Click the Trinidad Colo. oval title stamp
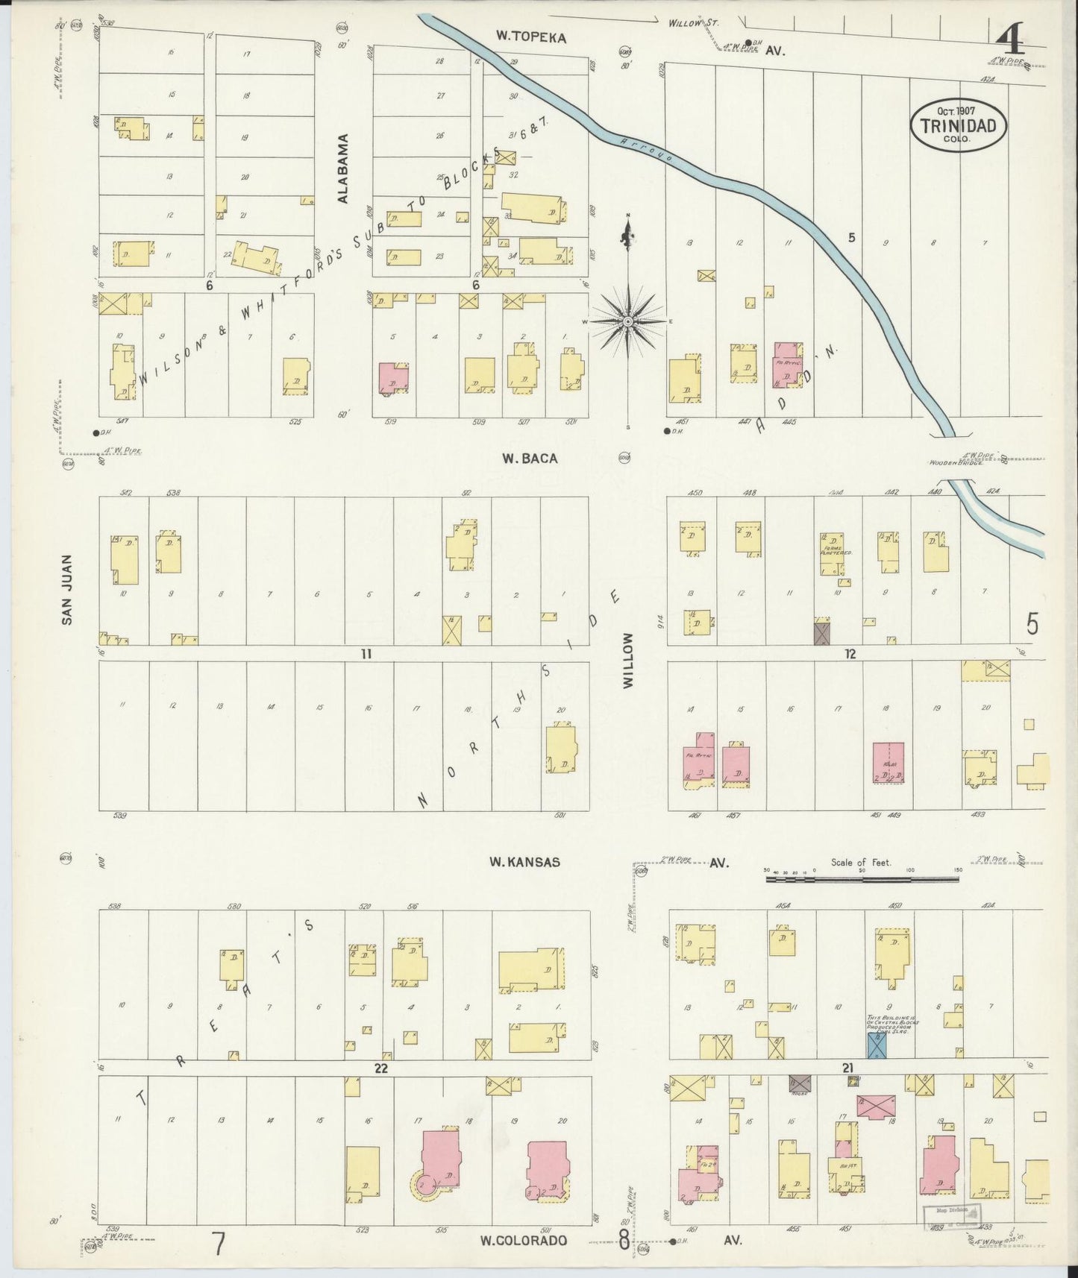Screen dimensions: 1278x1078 tap(958, 125)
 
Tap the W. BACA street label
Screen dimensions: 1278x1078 tap(529, 459)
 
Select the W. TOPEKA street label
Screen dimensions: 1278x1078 tap(532, 37)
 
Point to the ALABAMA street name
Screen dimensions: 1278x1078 tap(342, 169)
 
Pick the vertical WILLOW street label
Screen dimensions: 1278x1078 tap(627, 661)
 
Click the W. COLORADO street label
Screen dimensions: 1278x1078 tap(523, 1241)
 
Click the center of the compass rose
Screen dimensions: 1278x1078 tap(628, 321)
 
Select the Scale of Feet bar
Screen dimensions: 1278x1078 tap(862, 880)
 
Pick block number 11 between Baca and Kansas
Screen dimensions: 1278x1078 tap(366, 654)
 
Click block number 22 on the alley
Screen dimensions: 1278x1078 tap(381, 1068)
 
